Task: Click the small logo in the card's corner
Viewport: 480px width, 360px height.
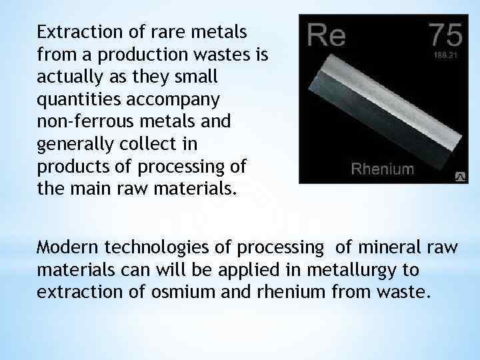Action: tap(459, 176)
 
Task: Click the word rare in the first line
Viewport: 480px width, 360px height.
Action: tap(165, 31)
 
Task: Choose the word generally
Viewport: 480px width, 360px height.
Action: tap(71, 142)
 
